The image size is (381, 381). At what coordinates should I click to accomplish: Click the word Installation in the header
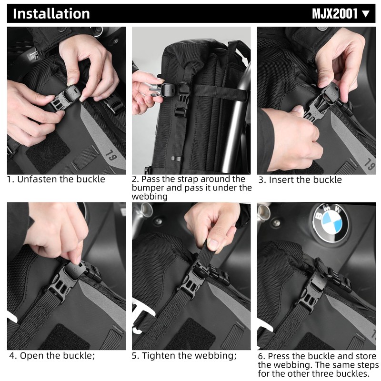coord(51,13)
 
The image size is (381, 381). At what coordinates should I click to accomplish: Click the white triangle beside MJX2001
coord(366,13)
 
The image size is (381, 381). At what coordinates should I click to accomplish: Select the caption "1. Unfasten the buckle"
coord(56,180)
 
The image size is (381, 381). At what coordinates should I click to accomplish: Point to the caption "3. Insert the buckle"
coord(300,180)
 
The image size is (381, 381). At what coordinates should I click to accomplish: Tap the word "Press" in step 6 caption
coord(280,356)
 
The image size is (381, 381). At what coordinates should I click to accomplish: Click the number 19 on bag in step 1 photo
coord(109,155)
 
